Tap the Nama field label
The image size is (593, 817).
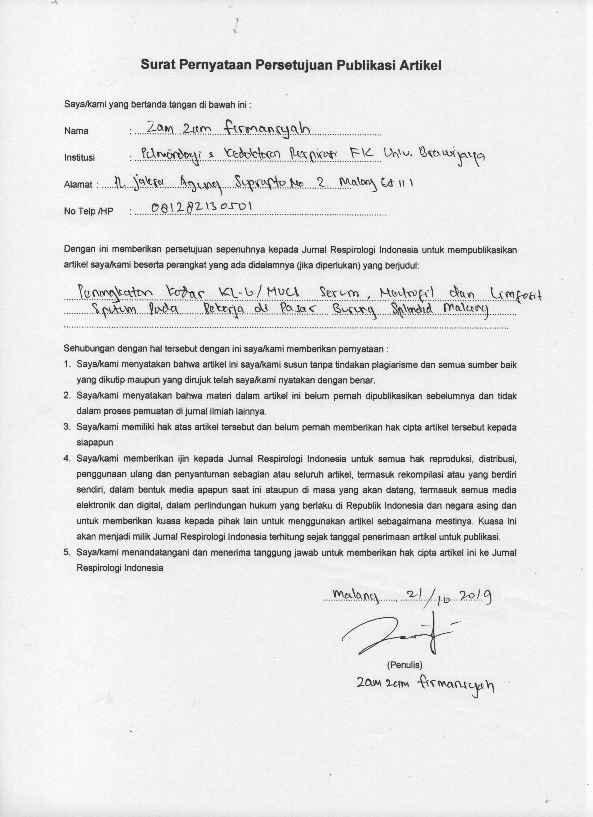tap(76, 131)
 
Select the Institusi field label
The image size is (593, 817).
tap(79, 157)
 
